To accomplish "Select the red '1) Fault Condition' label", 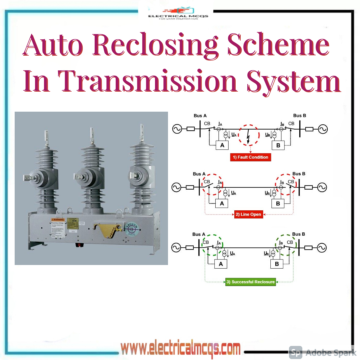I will (x=250, y=157).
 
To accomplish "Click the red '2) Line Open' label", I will (x=249, y=214).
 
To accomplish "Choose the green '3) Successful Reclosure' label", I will (x=250, y=282).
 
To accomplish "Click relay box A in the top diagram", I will (x=222, y=145).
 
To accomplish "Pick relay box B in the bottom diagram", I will (x=277, y=264).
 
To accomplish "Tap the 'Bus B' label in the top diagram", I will (x=300, y=116).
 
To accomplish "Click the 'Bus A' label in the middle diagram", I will (x=199, y=174).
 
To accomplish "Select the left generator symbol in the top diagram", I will (x=177, y=129).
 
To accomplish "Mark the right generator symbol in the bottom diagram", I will (x=322, y=247).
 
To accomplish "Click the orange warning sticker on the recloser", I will (x=57, y=220).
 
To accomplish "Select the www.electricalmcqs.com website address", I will (x=180, y=349).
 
